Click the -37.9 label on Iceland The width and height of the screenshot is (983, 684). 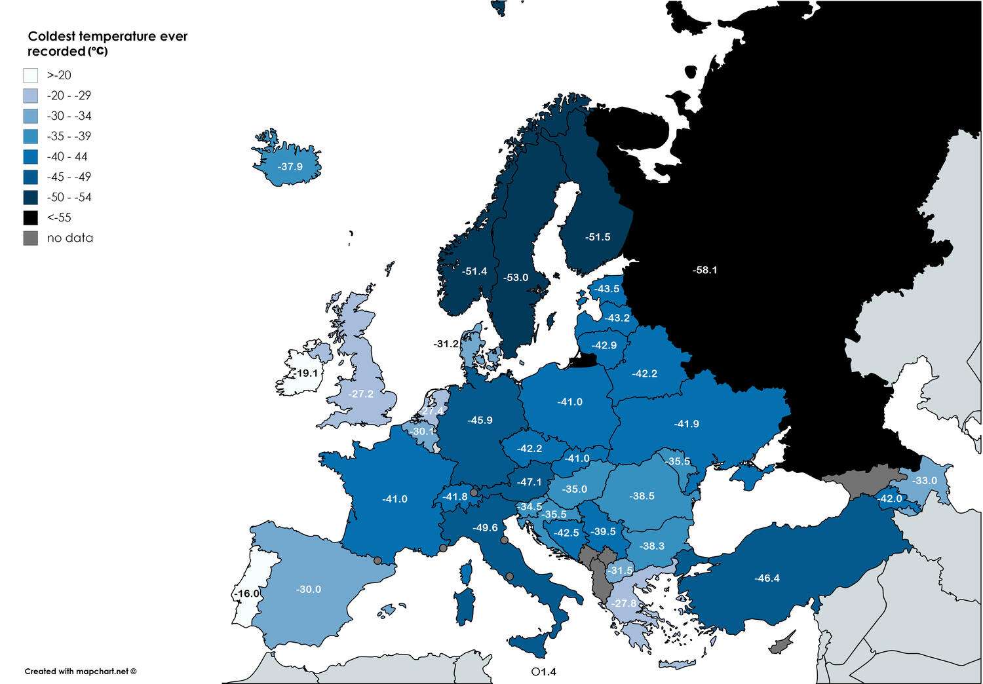pyautogui.click(x=290, y=166)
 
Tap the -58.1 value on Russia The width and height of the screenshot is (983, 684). pyautogui.click(x=704, y=270)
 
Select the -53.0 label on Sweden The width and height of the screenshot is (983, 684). pyautogui.click(x=516, y=278)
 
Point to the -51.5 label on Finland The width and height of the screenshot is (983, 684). pyautogui.click(x=598, y=237)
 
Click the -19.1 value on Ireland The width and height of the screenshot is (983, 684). pyautogui.click(x=305, y=373)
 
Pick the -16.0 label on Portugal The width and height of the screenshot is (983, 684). pyautogui.click(x=248, y=594)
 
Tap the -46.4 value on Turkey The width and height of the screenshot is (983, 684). pyautogui.click(x=767, y=578)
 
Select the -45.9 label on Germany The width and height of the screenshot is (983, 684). pyautogui.click(x=480, y=420)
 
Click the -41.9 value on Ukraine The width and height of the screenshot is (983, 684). pyautogui.click(x=686, y=424)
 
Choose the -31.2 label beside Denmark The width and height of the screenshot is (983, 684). pyautogui.click(x=446, y=343)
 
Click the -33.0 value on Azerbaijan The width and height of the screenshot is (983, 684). pyautogui.click(x=925, y=480)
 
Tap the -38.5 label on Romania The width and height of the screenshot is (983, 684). pyautogui.click(x=642, y=496)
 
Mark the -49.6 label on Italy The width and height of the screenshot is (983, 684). pyautogui.click(x=485, y=527)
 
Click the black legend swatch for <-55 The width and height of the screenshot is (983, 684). pyautogui.click(x=31, y=218)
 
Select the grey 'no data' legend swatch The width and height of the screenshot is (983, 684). pyautogui.click(x=31, y=238)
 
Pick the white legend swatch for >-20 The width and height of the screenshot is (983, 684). pyautogui.click(x=31, y=75)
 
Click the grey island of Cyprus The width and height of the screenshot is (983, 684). pyautogui.click(x=782, y=643)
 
